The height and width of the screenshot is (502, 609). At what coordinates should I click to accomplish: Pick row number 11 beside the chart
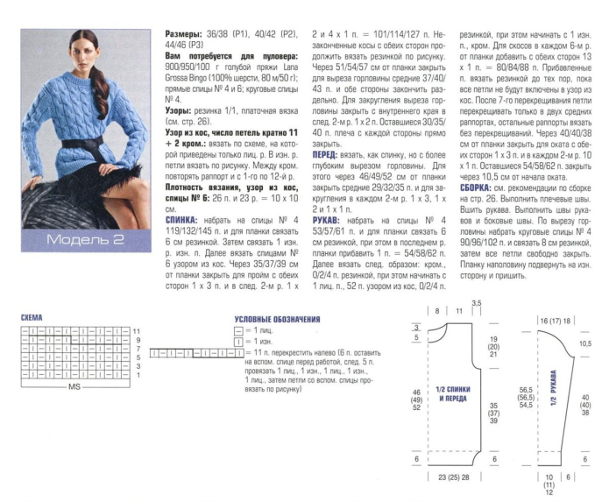point(137,330)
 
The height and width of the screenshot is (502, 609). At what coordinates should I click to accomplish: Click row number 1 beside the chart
point(136,375)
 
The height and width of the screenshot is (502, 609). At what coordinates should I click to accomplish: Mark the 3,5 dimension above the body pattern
point(477,303)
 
